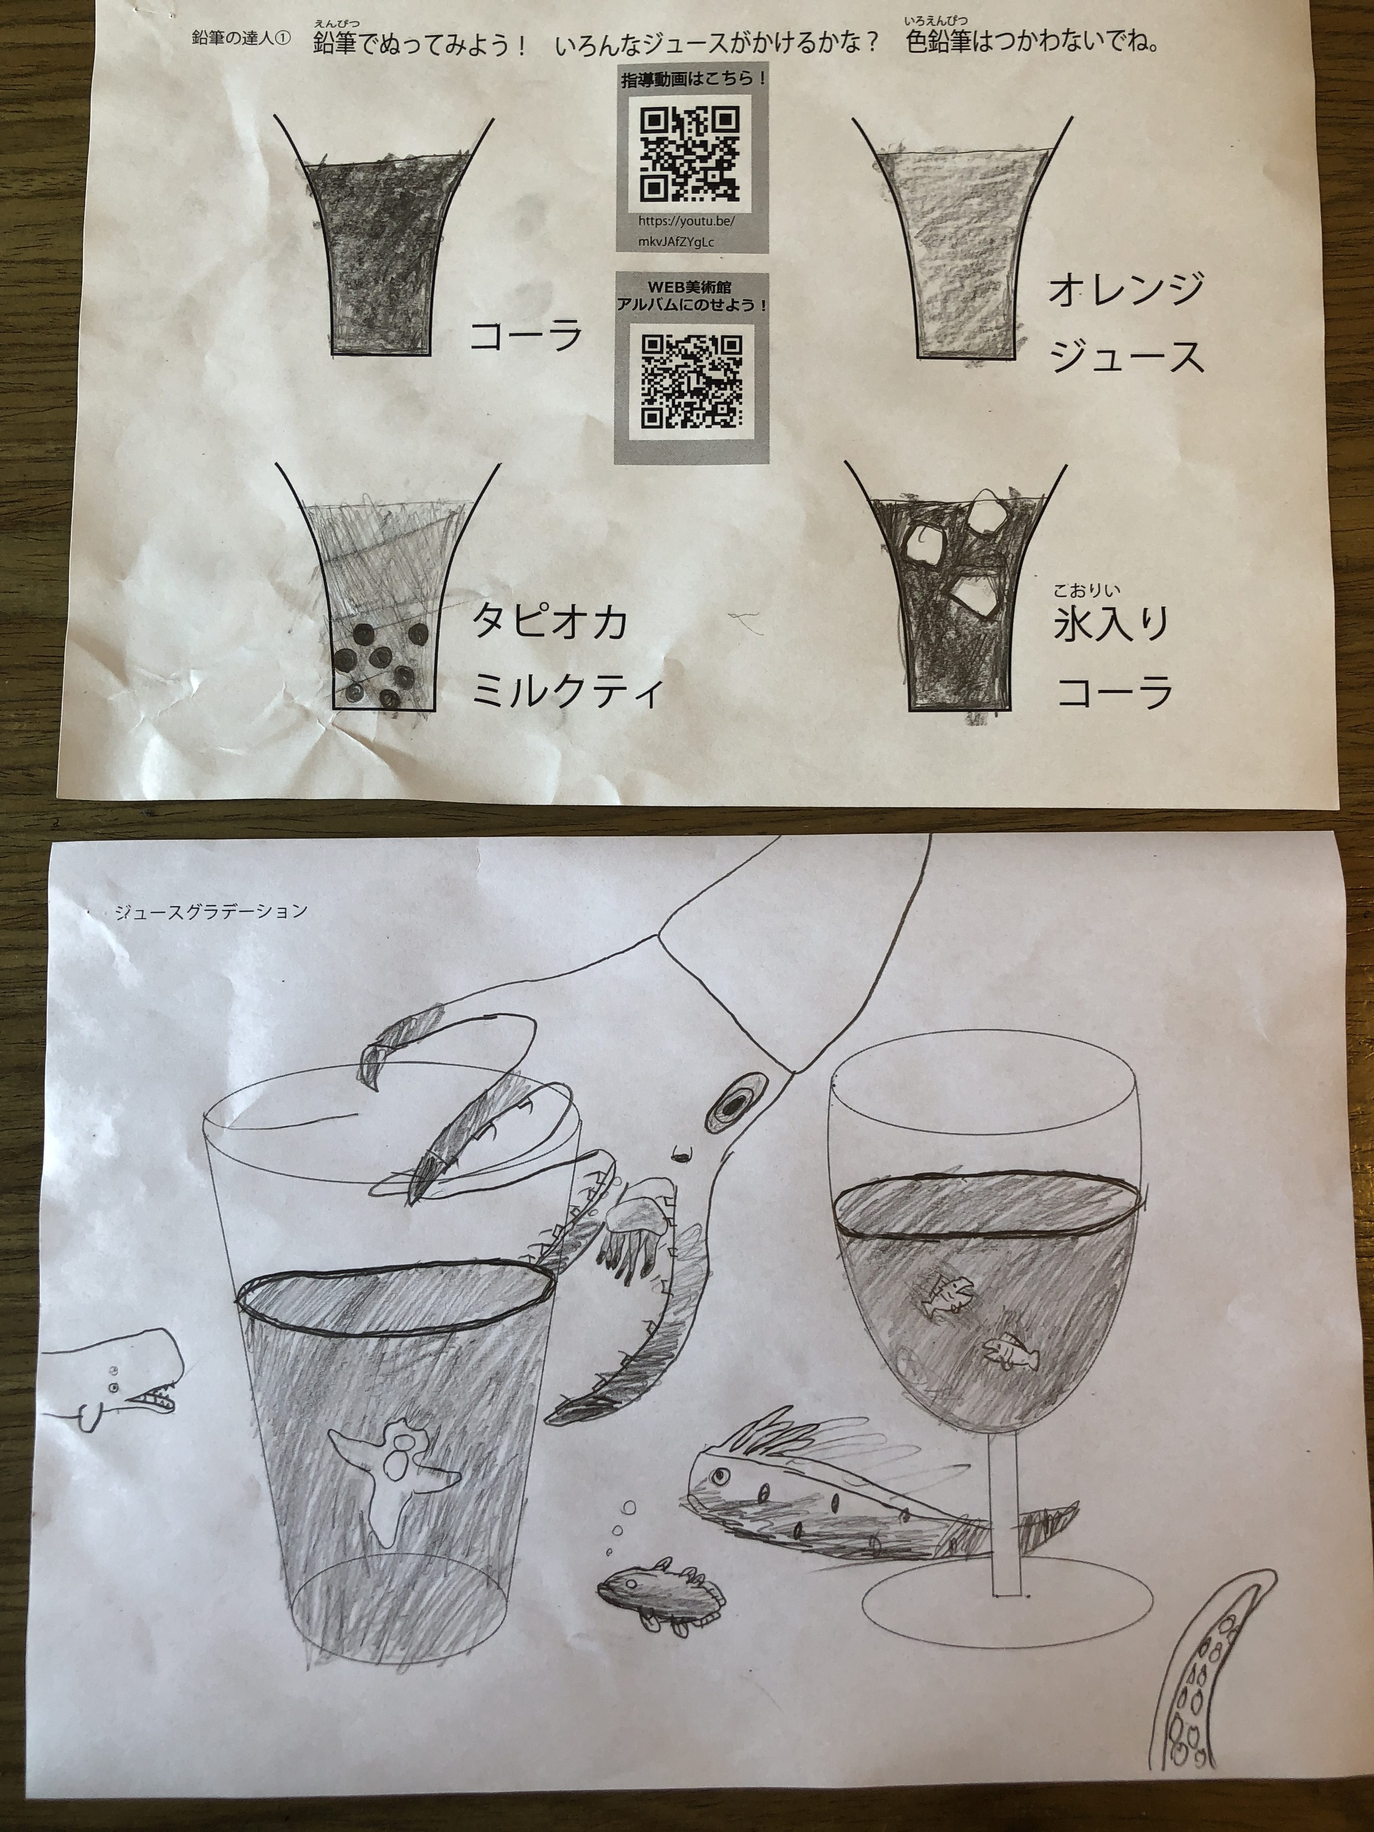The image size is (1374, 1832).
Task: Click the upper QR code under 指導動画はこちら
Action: pos(691,155)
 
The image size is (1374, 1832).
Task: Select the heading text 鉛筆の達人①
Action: pos(241,39)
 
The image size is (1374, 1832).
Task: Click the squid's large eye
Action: pos(732,1102)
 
